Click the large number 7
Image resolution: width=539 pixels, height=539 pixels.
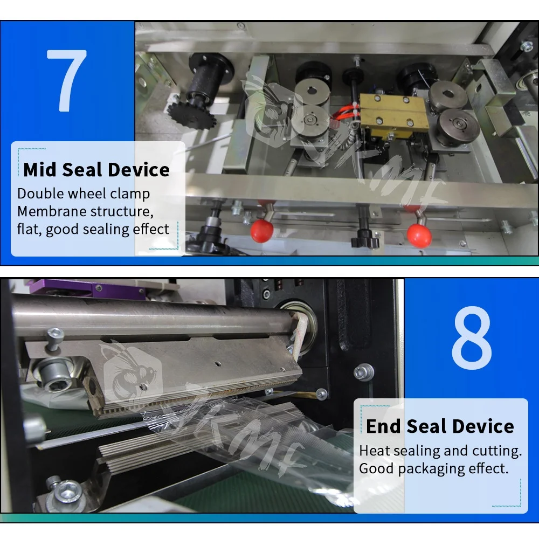(66, 80)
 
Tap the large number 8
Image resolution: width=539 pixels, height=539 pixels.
(472, 337)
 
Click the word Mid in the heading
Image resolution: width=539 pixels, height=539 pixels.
(40, 170)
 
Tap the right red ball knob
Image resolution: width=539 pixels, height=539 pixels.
(419, 235)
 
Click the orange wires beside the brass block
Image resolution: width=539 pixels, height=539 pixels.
(345, 110)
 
